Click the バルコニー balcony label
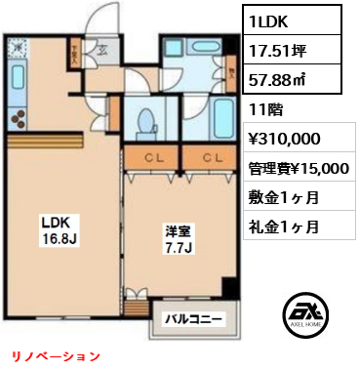coord(192,318)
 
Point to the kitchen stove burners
coord(20,117)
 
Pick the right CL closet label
coord(211,157)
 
